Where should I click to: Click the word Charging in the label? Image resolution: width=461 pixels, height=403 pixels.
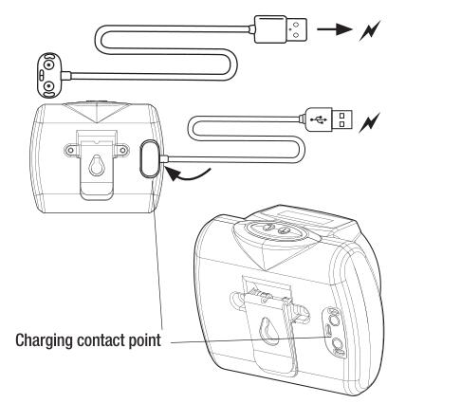point(44,341)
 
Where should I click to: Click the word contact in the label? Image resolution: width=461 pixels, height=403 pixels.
point(101,340)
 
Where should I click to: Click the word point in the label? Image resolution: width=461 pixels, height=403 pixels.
point(145,341)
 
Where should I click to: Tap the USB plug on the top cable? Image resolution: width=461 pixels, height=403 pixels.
point(281,29)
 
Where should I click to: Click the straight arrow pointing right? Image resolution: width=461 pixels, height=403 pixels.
point(334,29)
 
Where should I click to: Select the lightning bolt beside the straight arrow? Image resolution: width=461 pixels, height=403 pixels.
point(370,30)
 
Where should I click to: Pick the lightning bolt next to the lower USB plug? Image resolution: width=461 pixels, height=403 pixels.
point(370,122)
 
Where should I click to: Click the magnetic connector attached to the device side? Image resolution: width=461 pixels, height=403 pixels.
point(149,158)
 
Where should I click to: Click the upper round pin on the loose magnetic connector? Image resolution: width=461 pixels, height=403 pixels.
point(48,65)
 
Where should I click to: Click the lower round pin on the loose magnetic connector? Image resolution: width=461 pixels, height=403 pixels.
point(48,85)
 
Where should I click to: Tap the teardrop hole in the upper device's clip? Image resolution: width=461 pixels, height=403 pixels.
point(96,166)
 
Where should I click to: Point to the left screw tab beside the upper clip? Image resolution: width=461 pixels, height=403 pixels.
point(71,150)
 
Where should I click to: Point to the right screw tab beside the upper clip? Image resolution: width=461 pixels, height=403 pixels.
point(122,150)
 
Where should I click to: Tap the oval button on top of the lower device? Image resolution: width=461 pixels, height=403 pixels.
point(276,229)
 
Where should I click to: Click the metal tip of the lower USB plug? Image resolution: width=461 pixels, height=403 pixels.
point(341,119)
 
